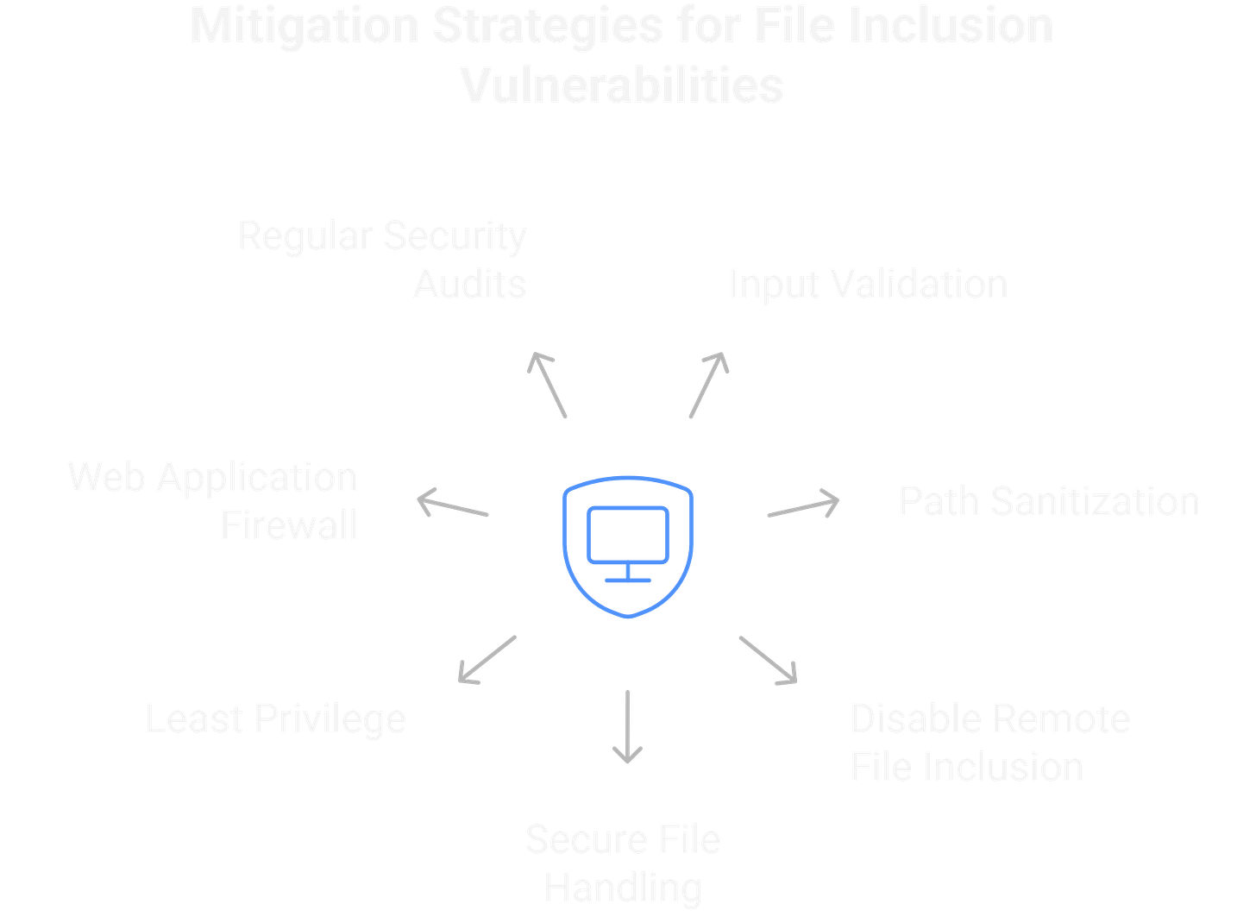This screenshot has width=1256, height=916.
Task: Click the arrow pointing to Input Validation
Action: (x=709, y=385)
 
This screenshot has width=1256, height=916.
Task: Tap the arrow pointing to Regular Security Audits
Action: (x=547, y=385)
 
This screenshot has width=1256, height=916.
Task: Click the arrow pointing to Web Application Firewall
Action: (x=453, y=505)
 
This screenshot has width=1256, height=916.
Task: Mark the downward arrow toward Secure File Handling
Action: (x=627, y=726)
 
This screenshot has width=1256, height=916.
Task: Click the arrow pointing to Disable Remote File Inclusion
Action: (x=768, y=661)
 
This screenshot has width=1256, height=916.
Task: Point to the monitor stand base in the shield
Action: (x=627, y=580)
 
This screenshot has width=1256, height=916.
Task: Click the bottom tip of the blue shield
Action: (x=628, y=618)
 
